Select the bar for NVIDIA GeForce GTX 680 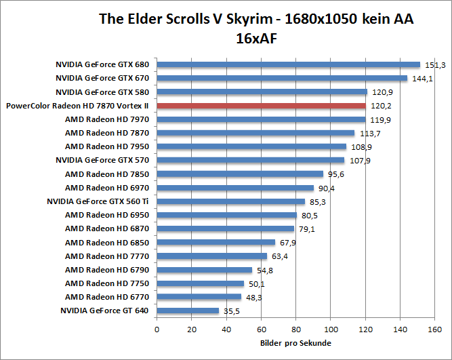pos(289,65)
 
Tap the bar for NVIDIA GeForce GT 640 pos(188,311)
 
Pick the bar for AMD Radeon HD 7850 pos(241,174)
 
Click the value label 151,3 pos(434,65)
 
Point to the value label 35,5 pos(232,311)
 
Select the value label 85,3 pos(319,201)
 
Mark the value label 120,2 pos(379,106)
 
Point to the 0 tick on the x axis pos(157,330)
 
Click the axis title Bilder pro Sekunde pos(296,343)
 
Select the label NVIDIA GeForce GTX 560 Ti pos(98,201)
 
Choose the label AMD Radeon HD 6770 pos(107,297)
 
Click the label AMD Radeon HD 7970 pos(107,119)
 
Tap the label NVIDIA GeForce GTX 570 pos(102,160)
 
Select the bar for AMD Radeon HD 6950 pos(227,215)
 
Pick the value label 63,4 pos(280,256)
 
